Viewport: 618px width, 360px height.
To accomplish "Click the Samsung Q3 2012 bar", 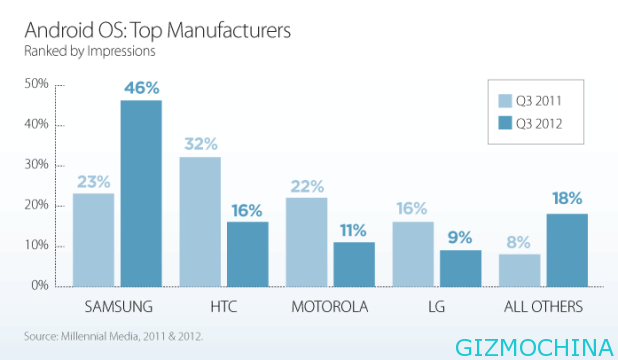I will coord(141,193).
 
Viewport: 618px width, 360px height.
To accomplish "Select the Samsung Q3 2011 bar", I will coord(94,239).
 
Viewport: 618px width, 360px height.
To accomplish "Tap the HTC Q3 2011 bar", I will coord(200,221).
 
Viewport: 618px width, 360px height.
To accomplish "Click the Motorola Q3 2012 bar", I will coord(354,263).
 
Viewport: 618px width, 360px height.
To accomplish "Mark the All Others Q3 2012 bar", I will coord(567,249).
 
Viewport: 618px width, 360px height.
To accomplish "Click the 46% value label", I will coord(141,88).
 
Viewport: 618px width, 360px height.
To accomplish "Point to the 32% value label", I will coord(200,144).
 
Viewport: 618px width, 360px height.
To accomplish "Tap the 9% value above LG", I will coord(460,238).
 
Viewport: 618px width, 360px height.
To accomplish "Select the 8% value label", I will coord(520,241).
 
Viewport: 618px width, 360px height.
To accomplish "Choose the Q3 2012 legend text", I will coord(539,123).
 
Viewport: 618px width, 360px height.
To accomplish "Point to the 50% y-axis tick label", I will coord(36,84).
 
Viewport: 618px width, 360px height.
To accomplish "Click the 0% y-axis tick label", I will coord(40,286).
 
